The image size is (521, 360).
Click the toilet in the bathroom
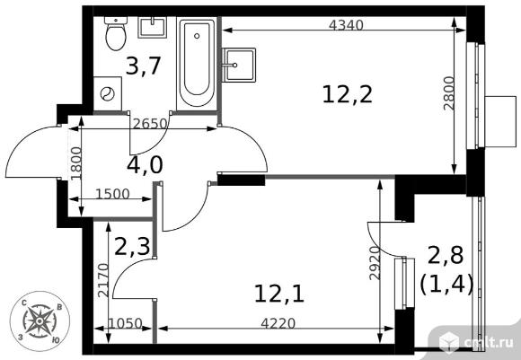(x=116, y=33)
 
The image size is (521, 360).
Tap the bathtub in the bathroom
(x=197, y=63)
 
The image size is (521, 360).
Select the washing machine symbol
(x=108, y=93)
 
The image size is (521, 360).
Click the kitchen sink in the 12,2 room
(x=238, y=66)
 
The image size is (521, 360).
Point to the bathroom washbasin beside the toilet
(x=152, y=27)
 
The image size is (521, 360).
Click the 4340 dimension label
(x=346, y=25)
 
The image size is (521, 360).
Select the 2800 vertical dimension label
(x=448, y=93)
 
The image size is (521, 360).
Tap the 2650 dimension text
(x=149, y=124)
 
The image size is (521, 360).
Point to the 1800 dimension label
(x=76, y=163)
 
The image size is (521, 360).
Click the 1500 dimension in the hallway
(x=112, y=194)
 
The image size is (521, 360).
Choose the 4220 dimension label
(x=278, y=323)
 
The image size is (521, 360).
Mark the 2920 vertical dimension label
(x=375, y=263)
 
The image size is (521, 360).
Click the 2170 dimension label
(x=103, y=280)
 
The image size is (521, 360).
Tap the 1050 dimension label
(x=126, y=323)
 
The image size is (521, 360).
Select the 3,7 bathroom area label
(x=144, y=66)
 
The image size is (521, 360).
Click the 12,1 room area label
(x=279, y=294)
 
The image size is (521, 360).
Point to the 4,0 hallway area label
(x=145, y=165)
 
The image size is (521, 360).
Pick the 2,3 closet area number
(x=131, y=246)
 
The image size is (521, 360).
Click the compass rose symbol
(x=40, y=320)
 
